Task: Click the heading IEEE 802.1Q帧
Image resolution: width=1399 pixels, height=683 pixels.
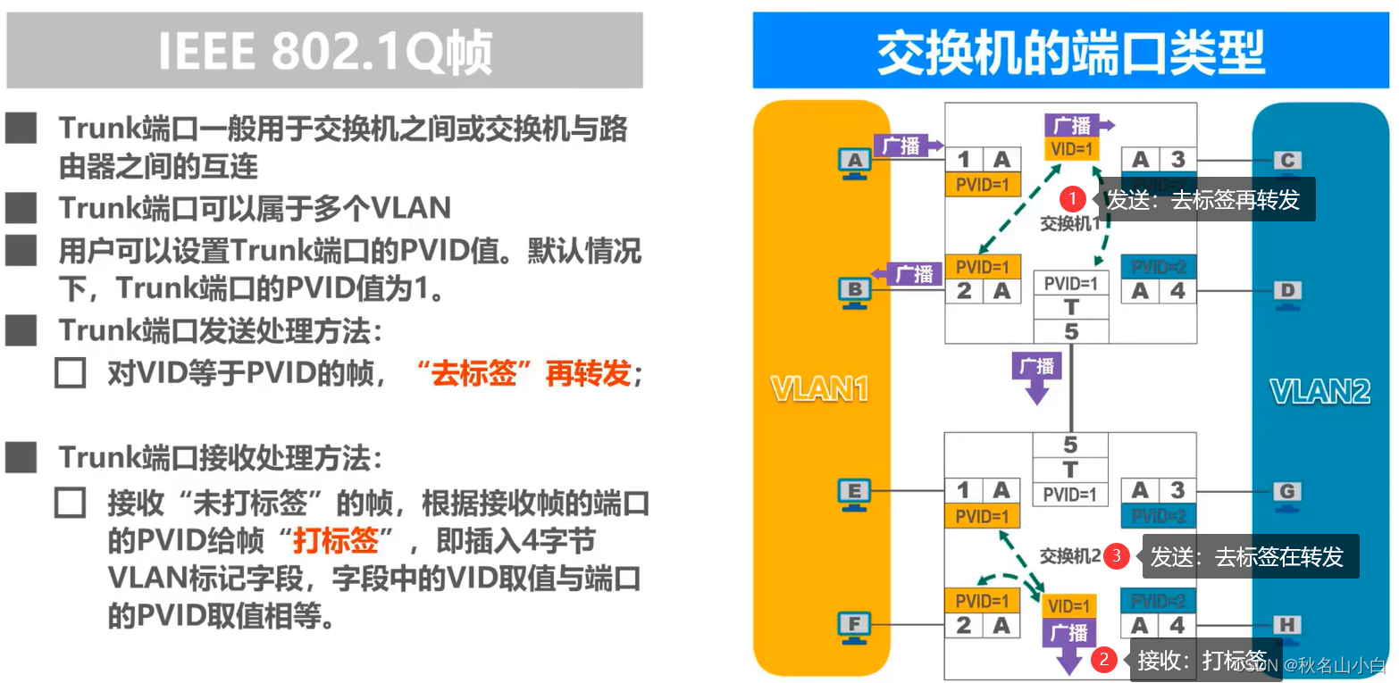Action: (x=325, y=52)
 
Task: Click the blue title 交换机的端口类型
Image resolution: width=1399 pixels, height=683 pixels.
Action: (x=1070, y=52)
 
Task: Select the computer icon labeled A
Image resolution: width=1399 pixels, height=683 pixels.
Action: (x=854, y=162)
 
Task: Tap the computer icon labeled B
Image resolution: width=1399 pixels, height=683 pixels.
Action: (x=854, y=291)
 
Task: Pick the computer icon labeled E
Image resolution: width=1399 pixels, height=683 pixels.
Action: (x=854, y=492)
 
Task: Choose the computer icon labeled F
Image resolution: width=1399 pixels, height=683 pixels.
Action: (x=854, y=625)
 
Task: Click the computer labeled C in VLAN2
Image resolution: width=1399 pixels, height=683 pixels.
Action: (x=1287, y=162)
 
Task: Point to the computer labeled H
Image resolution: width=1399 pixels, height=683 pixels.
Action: (x=1287, y=625)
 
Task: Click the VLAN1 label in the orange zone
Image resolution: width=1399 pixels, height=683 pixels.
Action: (x=820, y=390)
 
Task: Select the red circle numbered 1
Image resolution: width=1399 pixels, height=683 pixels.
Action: (x=1073, y=199)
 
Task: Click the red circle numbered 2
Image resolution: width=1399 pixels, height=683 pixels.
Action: (x=1104, y=661)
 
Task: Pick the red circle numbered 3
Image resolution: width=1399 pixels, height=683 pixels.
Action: (x=1116, y=556)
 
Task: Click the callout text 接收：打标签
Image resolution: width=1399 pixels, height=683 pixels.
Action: (x=1202, y=661)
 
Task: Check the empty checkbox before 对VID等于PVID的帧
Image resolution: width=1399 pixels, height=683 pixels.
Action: (x=70, y=373)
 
